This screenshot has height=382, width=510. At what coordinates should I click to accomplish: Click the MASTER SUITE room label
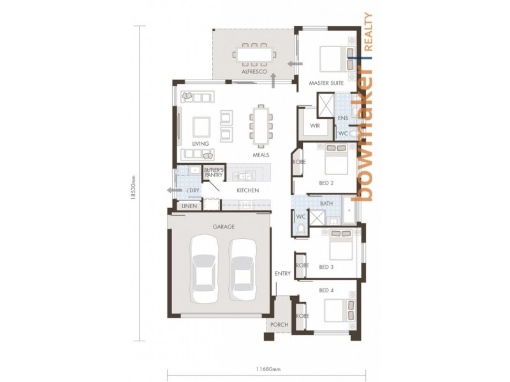tap(326, 83)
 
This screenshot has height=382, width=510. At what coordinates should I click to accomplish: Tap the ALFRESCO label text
tap(253, 73)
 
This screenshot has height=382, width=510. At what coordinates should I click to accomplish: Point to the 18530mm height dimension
tap(134, 188)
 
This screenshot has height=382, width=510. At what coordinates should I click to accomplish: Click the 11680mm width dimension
tap(268, 368)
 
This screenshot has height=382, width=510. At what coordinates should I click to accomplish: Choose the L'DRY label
tap(192, 190)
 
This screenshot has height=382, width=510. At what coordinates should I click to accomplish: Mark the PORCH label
tap(279, 325)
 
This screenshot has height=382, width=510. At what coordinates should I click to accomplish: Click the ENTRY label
tap(282, 274)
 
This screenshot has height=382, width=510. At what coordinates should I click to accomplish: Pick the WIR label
tap(314, 126)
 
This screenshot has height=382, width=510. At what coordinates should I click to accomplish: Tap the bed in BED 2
tap(336, 160)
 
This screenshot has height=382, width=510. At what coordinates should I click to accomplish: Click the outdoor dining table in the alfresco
tap(254, 54)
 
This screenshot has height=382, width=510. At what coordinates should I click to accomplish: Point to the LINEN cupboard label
tap(188, 206)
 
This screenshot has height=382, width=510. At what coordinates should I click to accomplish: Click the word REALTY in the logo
tap(368, 32)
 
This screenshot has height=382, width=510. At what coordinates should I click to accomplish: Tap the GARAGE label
tap(223, 227)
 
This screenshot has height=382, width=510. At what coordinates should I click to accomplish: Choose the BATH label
tap(326, 204)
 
